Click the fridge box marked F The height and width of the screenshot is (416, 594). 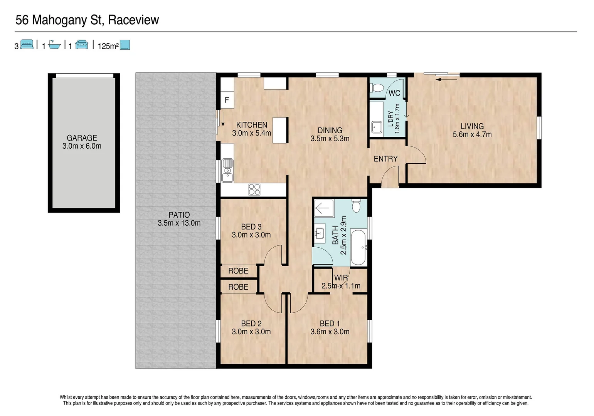coord(227,100)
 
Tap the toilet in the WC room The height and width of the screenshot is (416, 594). coord(376,88)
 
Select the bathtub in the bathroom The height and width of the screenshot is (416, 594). coord(358,247)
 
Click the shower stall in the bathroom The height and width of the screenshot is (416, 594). coord(324,209)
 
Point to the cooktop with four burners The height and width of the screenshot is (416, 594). coord(254,189)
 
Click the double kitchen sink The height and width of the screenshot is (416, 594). coord(227,170)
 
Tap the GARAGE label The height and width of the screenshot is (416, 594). coord(82,138)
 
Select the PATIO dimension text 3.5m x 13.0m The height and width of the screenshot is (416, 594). coord(179,223)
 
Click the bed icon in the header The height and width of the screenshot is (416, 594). coord(27,45)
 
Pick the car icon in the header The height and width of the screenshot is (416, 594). coord(82,45)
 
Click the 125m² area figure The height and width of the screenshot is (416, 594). coord(108,46)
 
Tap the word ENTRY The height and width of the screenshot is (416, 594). coord(385,159)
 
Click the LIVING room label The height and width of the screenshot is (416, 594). coord(472,126)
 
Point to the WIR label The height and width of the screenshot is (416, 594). coord(341,278)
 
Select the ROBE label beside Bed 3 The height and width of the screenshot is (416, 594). coord(238,271)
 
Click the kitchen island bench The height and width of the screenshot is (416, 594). coord(280,130)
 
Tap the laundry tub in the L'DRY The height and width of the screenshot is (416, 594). coord(376,126)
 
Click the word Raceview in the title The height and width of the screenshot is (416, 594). coord(133,20)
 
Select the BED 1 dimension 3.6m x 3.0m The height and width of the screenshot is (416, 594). coord(330,332)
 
